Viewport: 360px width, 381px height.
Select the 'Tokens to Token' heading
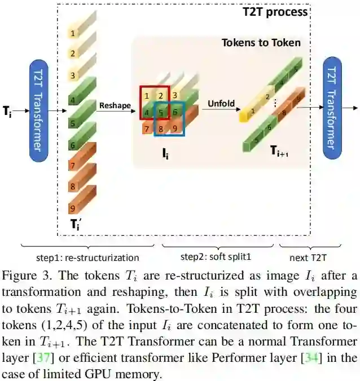(261, 43)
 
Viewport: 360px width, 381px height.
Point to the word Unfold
(221, 104)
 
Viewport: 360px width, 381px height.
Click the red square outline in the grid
(154, 103)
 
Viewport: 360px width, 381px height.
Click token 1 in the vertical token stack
(73, 33)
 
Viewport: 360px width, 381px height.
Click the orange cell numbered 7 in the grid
(147, 130)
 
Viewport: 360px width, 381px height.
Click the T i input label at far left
(7, 111)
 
